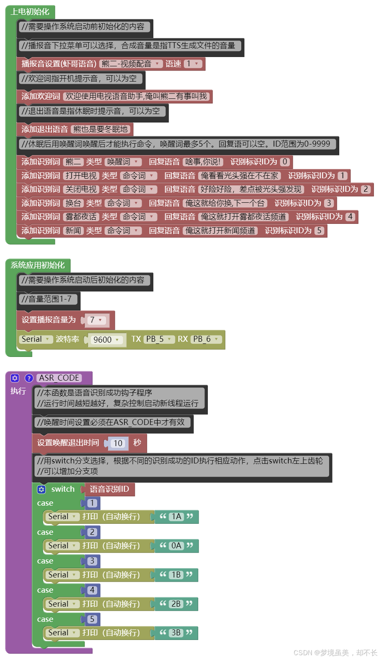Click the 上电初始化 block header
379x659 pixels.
(30, 12)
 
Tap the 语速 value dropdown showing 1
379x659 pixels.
(192, 64)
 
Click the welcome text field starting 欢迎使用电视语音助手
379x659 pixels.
(136, 96)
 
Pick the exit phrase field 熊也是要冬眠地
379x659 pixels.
(101, 129)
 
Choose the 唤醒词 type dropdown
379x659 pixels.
(123, 162)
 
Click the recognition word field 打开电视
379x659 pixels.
(81, 176)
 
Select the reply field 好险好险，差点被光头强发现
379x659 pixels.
(251, 189)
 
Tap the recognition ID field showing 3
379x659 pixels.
(329, 203)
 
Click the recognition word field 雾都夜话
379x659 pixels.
(81, 217)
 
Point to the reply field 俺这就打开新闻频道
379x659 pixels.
(221, 231)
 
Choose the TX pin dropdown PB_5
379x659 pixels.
(159, 339)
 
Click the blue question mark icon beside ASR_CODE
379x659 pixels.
(29, 378)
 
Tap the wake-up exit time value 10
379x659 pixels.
(117, 443)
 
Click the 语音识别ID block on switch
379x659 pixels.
(109, 489)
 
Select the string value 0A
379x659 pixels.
(176, 546)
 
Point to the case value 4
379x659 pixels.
(92, 590)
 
